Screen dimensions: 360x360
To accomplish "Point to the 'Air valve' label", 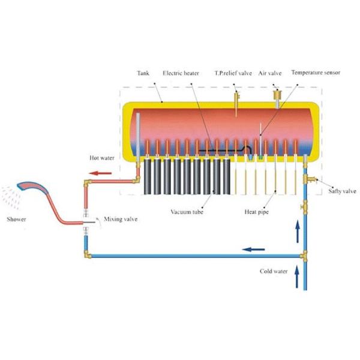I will (270, 74).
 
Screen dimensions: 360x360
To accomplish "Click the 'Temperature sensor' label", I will (316, 74).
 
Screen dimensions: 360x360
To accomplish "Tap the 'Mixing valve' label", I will (120, 220).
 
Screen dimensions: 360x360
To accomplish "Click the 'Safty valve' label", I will (342, 191).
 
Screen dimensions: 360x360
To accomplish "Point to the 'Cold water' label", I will (273, 271).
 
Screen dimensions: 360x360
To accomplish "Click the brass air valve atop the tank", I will (277, 95).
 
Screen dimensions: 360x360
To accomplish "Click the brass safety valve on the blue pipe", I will (312, 178).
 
